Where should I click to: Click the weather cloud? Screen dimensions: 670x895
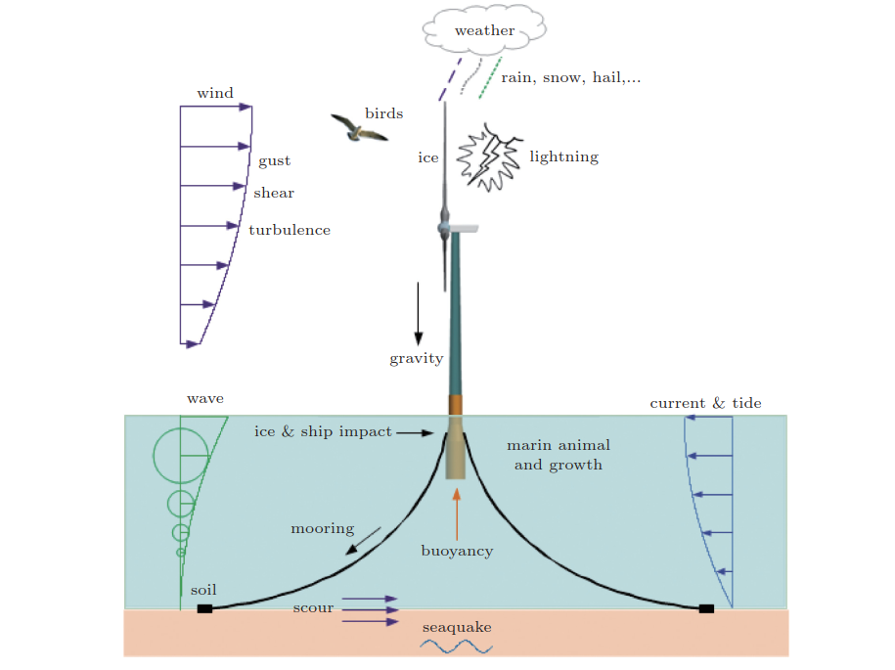(x=483, y=30)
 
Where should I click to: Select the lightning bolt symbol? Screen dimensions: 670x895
(x=490, y=156)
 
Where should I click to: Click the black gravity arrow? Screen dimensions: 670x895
(x=418, y=313)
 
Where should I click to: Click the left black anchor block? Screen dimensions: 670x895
(x=204, y=608)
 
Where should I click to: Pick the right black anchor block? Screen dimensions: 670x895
(x=706, y=608)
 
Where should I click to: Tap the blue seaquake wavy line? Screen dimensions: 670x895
(x=456, y=647)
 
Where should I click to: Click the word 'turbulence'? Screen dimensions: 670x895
(x=290, y=231)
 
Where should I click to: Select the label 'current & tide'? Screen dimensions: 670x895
(x=705, y=403)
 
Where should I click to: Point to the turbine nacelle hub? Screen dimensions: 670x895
(x=445, y=229)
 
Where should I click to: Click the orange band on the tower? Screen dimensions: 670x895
(x=455, y=405)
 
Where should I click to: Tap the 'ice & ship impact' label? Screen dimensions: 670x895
(x=323, y=431)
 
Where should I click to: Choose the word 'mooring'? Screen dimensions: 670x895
(x=322, y=529)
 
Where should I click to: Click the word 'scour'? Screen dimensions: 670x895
(x=313, y=608)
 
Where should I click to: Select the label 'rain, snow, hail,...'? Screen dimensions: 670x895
(x=571, y=77)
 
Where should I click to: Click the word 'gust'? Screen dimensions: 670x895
(x=274, y=161)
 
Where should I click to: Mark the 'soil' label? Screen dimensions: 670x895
(x=203, y=590)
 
